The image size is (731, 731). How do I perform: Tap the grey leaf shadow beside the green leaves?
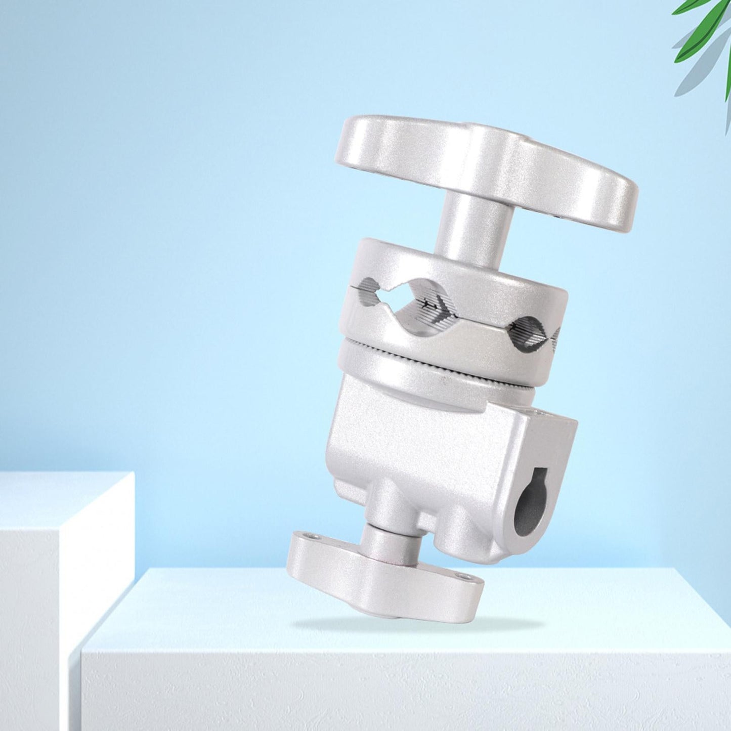point(703,76)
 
